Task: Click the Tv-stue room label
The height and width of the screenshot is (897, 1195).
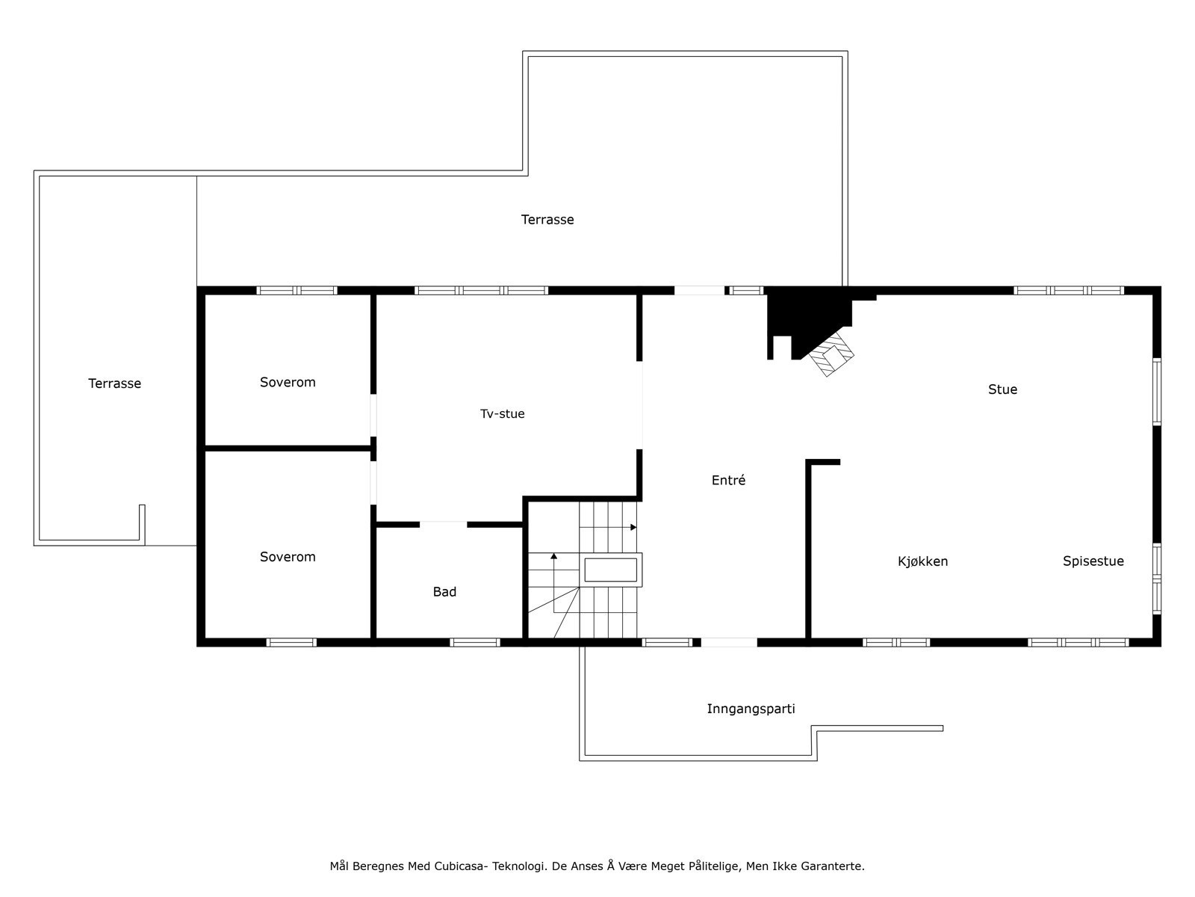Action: coord(502,413)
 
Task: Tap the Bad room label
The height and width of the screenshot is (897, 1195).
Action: coord(444,592)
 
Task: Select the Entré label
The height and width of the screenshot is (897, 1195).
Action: coord(728,481)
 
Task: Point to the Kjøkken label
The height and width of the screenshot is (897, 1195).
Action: coord(922,561)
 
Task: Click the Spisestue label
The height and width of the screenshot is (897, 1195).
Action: coord(1093,561)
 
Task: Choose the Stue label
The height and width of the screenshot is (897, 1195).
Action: coord(1002,389)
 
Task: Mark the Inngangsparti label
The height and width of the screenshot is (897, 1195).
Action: coord(751,709)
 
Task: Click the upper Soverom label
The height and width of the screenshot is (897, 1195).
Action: coord(288,382)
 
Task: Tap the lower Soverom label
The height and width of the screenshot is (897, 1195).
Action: coord(288,557)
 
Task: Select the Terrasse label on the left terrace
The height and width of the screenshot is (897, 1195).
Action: coord(114,383)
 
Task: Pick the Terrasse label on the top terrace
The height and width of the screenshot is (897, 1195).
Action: coord(547,220)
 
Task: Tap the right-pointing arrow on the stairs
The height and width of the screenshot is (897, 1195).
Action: coord(633,527)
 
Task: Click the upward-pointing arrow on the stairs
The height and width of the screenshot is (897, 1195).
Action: coord(553,556)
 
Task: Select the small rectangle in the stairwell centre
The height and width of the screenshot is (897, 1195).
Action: coord(610,570)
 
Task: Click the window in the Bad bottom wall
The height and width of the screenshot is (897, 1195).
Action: coord(475,642)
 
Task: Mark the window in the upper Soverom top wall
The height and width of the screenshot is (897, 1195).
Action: coord(297,290)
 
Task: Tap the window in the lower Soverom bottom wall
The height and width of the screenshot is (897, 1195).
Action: coord(291,642)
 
